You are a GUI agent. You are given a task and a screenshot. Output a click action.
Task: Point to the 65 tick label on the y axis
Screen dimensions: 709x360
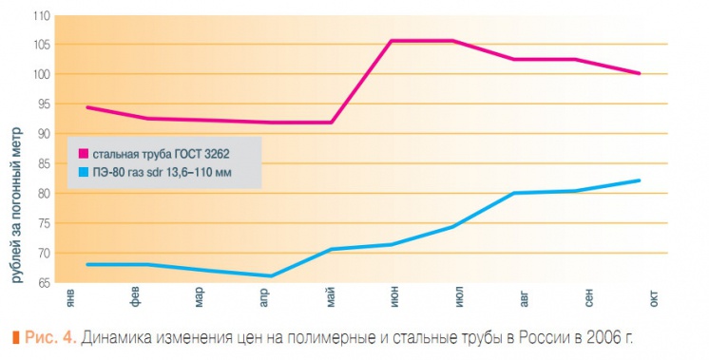tap(44, 284)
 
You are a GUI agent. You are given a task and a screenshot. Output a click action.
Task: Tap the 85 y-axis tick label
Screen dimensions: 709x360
tap(44, 164)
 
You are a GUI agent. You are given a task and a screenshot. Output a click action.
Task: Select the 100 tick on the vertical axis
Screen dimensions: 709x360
tap(41, 74)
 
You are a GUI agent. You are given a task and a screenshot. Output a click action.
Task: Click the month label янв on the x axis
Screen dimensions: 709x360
tap(70, 298)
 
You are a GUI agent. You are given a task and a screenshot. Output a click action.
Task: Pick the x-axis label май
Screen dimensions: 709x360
tap(331, 298)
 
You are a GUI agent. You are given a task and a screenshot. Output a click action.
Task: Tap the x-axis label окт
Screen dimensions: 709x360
tap(654, 299)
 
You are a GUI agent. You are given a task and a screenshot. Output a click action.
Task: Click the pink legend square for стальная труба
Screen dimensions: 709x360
tap(84, 154)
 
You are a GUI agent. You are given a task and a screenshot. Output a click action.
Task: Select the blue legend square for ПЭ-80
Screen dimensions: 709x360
tap(84, 172)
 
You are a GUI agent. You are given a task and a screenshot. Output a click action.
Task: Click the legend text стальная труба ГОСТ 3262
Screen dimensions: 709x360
tap(162, 154)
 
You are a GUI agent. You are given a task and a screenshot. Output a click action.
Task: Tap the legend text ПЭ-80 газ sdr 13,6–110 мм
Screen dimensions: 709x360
tap(163, 173)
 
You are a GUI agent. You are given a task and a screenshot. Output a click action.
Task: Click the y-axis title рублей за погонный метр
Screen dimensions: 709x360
tap(16, 205)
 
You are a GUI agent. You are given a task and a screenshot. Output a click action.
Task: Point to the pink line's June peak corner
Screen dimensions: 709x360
tap(392, 41)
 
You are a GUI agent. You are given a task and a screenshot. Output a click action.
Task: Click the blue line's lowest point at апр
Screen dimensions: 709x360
tap(271, 276)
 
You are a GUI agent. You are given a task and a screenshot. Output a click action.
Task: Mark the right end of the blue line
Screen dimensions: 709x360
tap(640, 180)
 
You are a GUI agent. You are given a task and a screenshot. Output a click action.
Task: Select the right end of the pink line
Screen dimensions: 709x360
tap(640, 73)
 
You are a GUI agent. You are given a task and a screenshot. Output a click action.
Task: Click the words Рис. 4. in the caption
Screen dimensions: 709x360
tap(50, 337)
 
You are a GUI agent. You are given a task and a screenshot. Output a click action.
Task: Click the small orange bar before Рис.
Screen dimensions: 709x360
tap(16, 337)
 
